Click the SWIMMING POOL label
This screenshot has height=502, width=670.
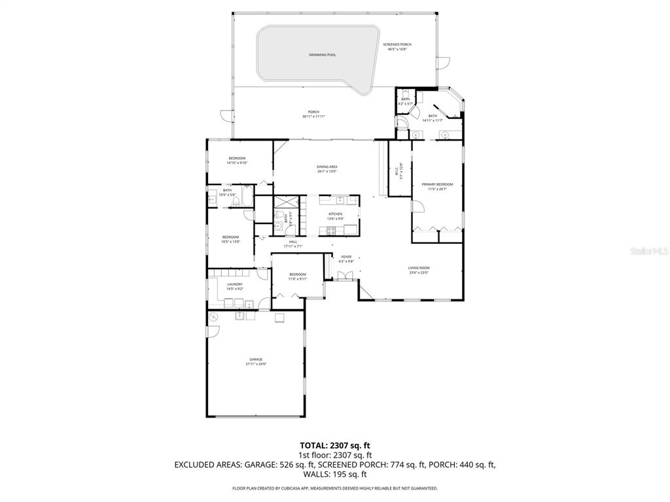(322, 55)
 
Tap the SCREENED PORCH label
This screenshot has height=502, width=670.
(397, 44)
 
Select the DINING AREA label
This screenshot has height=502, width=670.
(326, 167)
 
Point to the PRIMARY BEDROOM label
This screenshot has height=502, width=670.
(437, 184)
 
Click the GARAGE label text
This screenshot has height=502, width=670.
(255, 360)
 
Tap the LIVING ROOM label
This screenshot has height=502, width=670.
(419, 267)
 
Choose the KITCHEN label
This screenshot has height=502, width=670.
(335, 214)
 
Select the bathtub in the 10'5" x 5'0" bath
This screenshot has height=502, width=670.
(213, 196)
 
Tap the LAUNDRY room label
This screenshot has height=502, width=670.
(235, 284)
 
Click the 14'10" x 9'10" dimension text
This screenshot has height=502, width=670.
(237, 163)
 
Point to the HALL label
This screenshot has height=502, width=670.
(293, 242)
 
